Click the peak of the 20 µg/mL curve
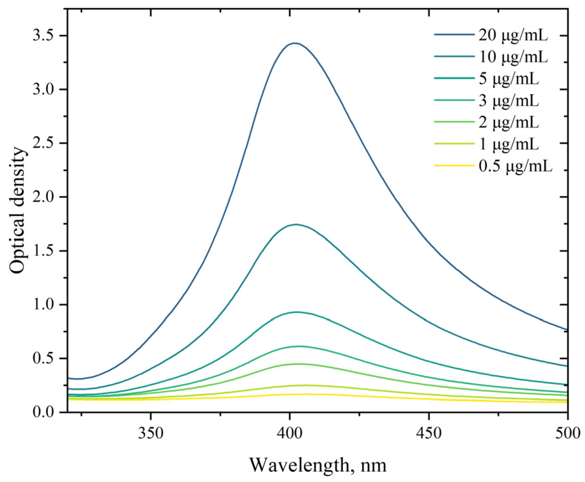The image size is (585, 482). pos(295,43)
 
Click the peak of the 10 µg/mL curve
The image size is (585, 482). pos(296,224)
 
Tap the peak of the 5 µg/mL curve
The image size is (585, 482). pos(296,312)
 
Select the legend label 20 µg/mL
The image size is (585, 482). pos(513,36)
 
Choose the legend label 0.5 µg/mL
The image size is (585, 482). pos(515,167)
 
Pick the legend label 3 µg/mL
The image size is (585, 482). pos(509,101)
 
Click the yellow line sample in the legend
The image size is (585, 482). pos(454,166)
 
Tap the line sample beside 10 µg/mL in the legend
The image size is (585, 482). pos(454,56)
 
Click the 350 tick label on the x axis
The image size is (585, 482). pos(150,433)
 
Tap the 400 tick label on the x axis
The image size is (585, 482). pos(289,433)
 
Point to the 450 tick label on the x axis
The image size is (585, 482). pos(429,433)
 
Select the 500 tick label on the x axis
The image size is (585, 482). pos(567,433)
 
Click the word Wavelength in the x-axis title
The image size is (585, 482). pos(299,465)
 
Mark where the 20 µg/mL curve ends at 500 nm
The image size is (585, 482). pos(567,330)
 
